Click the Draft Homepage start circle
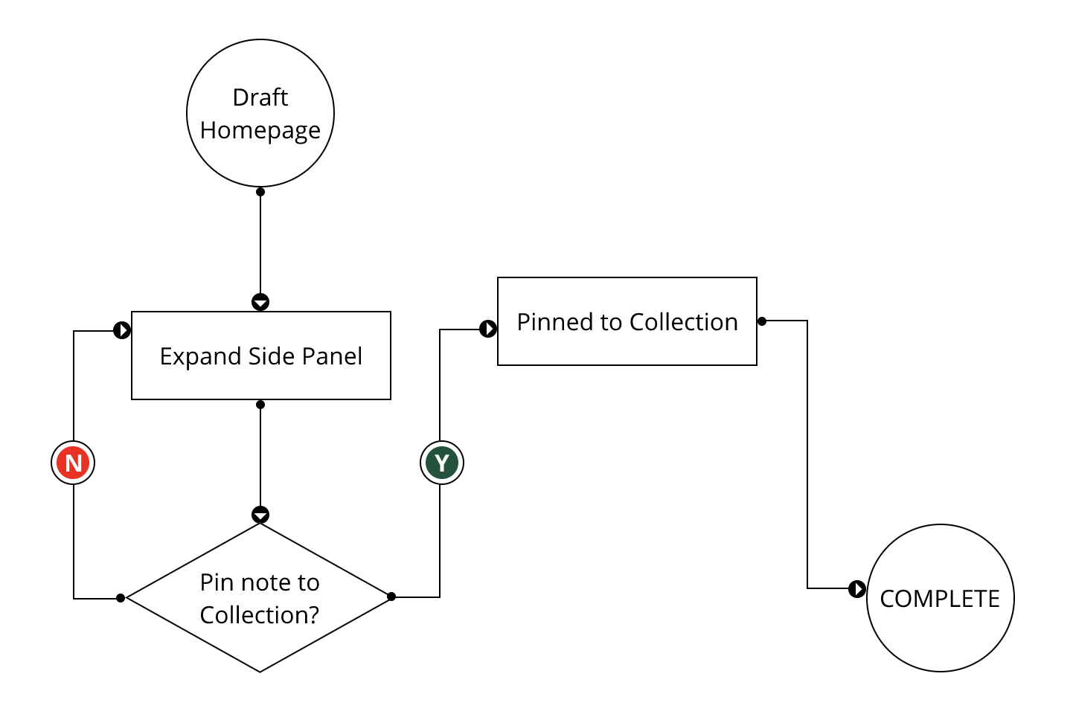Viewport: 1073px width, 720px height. (x=260, y=113)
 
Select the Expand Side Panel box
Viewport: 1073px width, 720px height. (x=260, y=356)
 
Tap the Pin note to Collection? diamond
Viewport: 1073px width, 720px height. (x=260, y=598)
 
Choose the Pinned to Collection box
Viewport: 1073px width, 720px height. (x=627, y=321)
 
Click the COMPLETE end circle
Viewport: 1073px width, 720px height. (x=940, y=598)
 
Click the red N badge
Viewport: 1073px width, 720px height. (x=73, y=463)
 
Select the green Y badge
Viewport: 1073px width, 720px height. (x=442, y=463)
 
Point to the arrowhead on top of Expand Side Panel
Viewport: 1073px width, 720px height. (x=260, y=302)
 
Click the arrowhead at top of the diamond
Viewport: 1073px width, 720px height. (x=260, y=515)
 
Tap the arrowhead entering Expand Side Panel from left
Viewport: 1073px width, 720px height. (x=122, y=330)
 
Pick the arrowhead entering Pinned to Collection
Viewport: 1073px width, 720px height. (x=488, y=329)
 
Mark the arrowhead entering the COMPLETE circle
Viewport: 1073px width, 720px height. (x=857, y=589)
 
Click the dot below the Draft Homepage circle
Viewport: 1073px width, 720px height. (x=260, y=192)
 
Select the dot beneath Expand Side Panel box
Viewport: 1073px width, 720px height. (x=260, y=405)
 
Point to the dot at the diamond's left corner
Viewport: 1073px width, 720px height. (x=121, y=598)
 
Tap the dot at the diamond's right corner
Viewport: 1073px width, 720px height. (x=391, y=597)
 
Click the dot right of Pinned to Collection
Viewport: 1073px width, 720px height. (x=762, y=321)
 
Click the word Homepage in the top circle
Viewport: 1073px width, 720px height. (x=260, y=130)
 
